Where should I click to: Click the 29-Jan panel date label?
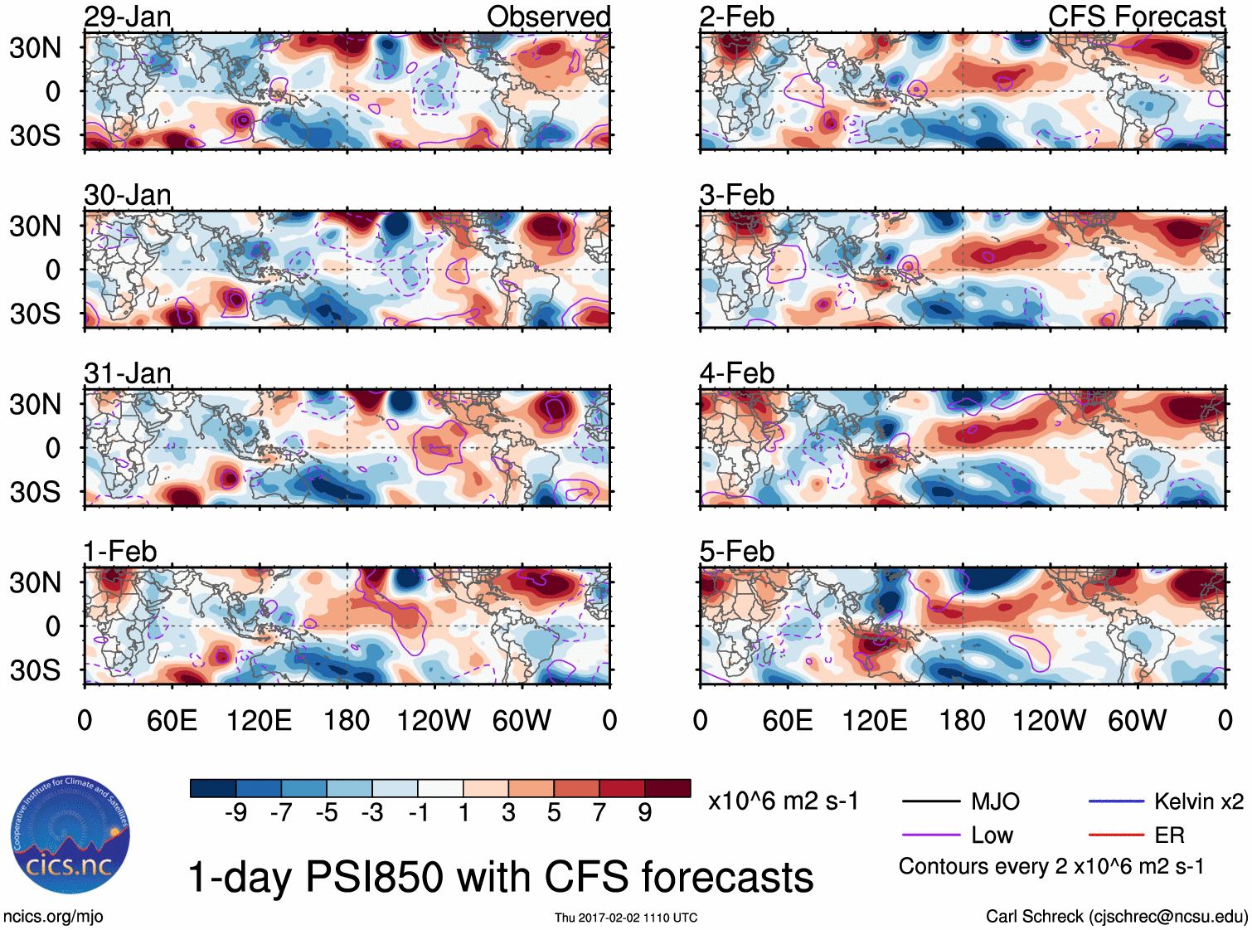[x=128, y=17]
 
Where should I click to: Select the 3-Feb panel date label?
[x=737, y=195]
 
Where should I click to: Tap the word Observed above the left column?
[x=548, y=17]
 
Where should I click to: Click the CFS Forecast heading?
[x=1136, y=17]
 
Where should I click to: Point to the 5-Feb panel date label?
[x=737, y=552]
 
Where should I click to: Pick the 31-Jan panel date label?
[x=128, y=373]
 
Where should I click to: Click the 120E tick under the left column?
[x=259, y=720]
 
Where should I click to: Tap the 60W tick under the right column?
[x=1137, y=720]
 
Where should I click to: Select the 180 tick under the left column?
[x=347, y=720]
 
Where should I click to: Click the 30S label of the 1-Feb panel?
[x=35, y=670]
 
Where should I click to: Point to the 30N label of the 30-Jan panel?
[x=35, y=226]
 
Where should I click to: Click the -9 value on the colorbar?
[x=235, y=813]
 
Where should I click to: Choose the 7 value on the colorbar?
[x=599, y=813]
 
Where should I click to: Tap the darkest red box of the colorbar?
[x=667, y=788]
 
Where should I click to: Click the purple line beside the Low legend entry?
[x=930, y=835]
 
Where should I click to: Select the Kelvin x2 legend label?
[x=1198, y=801]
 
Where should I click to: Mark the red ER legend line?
[x=1116, y=835]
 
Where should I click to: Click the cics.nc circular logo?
[x=70, y=835]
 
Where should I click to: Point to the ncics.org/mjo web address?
[x=53, y=917]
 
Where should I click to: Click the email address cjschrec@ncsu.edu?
[x=1167, y=917]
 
